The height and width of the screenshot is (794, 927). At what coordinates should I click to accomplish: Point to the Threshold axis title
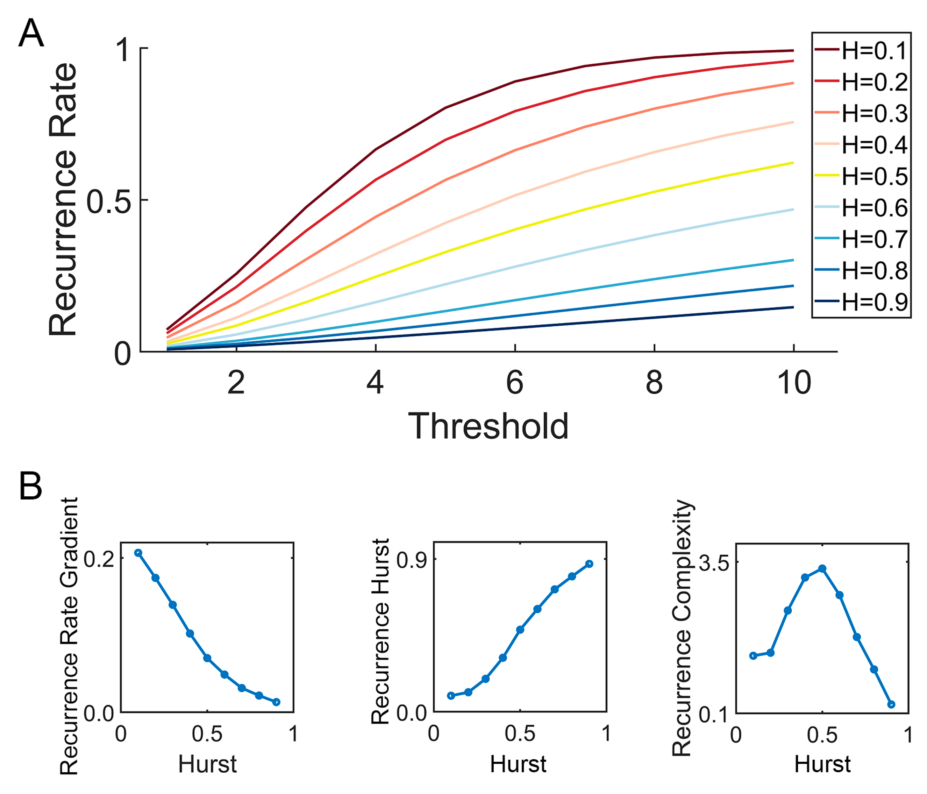488,426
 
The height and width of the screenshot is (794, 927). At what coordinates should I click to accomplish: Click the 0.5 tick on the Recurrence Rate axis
109,201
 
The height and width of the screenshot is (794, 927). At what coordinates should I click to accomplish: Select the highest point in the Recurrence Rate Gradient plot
138,553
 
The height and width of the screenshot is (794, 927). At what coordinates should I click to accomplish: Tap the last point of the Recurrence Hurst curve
589,564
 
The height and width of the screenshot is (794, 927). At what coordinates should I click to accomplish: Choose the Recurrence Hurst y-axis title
381,631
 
